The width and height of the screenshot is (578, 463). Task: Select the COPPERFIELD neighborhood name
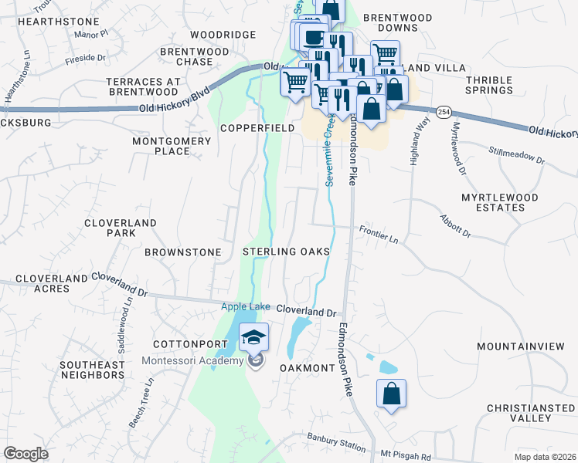coord(257,127)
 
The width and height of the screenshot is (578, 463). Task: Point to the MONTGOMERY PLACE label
coord(172,146)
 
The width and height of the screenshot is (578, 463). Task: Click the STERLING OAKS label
coord(287,252)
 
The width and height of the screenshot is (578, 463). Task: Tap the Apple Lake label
coord(246,306)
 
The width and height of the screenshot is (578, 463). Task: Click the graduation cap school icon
coord(253,337)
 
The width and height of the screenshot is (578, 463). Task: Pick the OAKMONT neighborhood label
coord(306,368)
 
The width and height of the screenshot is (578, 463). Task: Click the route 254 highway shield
coord(443,111)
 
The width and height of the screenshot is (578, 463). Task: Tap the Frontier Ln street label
coord(378,235)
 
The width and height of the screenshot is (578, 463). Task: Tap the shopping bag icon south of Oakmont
coord(391,394)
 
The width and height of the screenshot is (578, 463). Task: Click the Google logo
coord(25,454)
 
